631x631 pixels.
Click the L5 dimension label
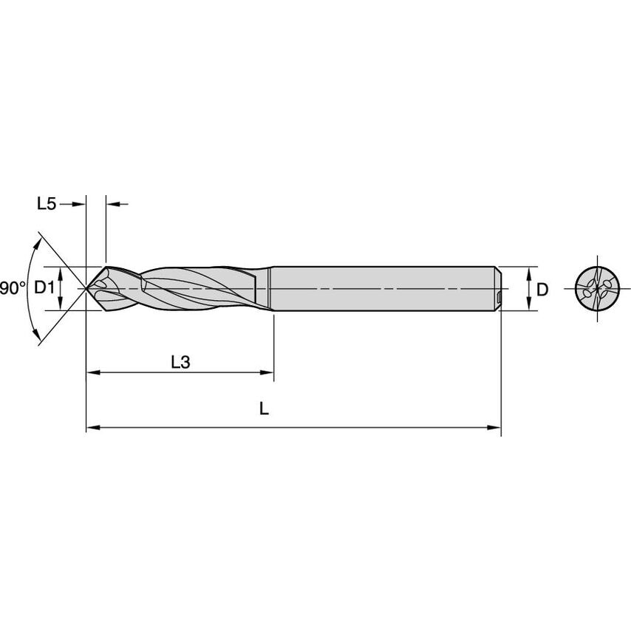pyautogui.click(x=46, y=204)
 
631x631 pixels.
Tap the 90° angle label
pyautogui.click(x=13, y=288)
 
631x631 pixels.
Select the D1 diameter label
pyautogui.click(x=45, y=288)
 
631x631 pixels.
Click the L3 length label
pyautogui.click(x=180, y=362)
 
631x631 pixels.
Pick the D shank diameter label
pyautogui.click(x=542, y=289)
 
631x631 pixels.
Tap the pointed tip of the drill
pyautogui.click(x=90, y=288)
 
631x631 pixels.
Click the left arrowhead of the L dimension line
pyautogui.click(x=92, y=427)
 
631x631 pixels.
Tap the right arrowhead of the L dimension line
pyautogui.click(x=496, y=427)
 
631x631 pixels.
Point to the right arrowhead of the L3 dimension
pyautogui.click(x=268, y=372)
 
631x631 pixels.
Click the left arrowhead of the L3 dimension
pyautogui.click(x=92, y=372)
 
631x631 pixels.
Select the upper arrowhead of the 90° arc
pyautogui.click(x=37, y=240)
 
